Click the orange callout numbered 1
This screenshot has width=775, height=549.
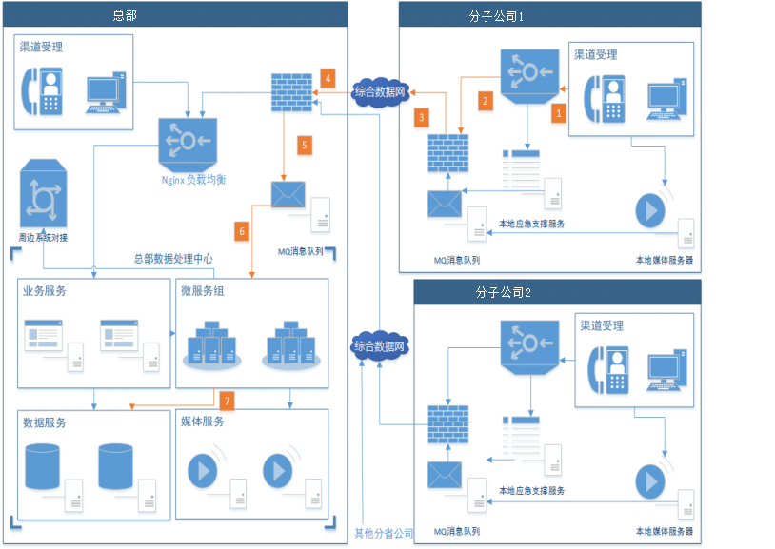click(x=560, y=112)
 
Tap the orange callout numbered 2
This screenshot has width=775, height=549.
click(x=484, y=100)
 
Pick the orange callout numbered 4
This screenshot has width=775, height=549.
click(x=328, y=77)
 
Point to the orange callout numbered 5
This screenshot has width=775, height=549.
click(x=304, y=145)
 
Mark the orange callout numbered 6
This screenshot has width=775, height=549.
click(x=241, y=230)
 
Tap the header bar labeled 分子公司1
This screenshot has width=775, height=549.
click(x=549, y=15)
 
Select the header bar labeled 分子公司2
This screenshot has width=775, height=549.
click(x=556, y=292)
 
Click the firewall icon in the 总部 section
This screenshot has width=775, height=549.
click(x=285, y=91)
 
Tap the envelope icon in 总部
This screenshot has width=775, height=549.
click(x=288, y=194)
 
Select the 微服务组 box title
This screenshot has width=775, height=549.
click(x=204, y=291)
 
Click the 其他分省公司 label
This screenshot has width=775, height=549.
click(x=384, y=533)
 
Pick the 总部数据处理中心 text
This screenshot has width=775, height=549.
click(x=172, y=258)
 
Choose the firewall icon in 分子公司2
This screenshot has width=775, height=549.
click(x=447, y=424)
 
